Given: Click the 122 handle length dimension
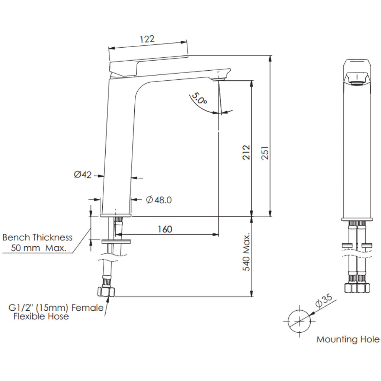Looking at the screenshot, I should tap(147, 39).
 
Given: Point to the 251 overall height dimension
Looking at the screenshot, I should tap(265, 152).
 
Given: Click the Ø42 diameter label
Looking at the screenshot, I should tap(83, 174).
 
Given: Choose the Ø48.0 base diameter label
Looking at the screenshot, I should tap(159, 200).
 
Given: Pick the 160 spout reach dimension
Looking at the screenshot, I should tap(165, 229).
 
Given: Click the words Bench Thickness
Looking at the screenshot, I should tap(37, 237).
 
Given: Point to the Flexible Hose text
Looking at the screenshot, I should tap(41, 317).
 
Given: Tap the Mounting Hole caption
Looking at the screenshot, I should tap(348, 339).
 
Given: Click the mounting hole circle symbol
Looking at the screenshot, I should tap(299, 321).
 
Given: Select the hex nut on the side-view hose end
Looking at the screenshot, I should tap(105, 291).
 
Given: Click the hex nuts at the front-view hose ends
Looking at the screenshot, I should tap(357, 288).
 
